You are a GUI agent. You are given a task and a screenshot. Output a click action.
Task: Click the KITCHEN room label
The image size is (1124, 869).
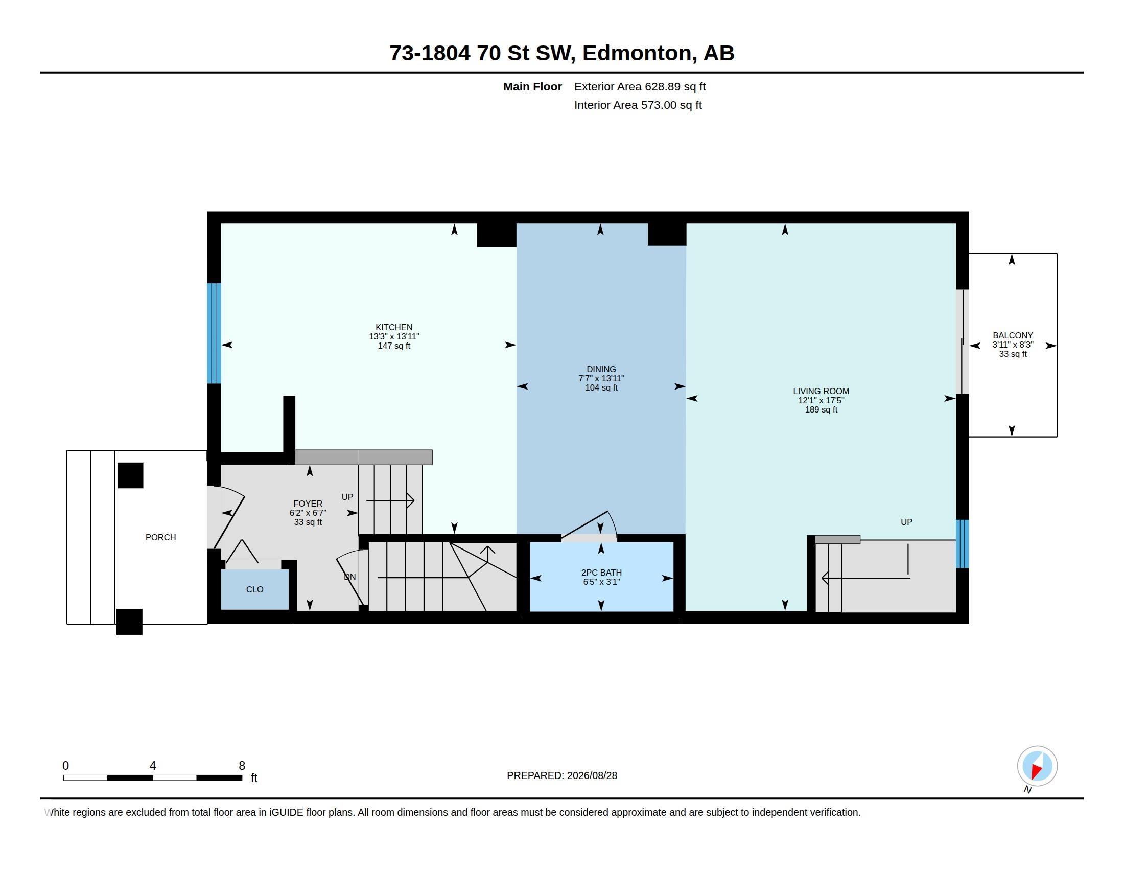tap(394, 327)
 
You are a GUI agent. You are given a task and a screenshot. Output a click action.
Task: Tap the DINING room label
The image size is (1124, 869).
tap(601, 369)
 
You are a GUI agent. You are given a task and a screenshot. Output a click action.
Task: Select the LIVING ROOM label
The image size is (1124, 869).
tap(821, 391)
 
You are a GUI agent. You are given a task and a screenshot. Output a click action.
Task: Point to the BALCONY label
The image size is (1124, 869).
tap(1013, 335)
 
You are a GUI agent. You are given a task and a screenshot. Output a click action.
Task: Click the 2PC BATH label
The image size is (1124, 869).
tap(601, 573)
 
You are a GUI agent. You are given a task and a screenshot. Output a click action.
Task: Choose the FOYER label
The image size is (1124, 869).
tap(308, 504)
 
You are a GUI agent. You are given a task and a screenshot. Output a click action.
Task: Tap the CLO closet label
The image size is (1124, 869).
tap(255, 589)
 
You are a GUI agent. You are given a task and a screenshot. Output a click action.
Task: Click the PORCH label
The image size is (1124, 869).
tap(160, 537)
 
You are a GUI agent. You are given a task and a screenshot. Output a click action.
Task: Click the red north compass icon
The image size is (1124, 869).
tap(1037, 766)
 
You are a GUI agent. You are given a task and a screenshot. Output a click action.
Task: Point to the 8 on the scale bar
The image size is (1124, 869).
tap(242, 766)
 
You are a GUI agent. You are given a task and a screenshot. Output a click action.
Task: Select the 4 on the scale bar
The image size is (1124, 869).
tap(153, 766)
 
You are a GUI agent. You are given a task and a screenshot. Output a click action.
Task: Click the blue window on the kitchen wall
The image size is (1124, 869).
tap(214, 333)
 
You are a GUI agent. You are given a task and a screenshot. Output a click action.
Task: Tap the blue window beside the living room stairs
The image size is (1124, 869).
tap(963, 544)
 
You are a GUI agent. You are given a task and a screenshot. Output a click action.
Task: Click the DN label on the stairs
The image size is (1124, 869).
tap(349, 577)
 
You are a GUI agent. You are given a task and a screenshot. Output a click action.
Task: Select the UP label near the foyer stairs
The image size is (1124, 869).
tap(347, 497)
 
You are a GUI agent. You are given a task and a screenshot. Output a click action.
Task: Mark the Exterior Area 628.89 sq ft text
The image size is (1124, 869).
tap(640, 86)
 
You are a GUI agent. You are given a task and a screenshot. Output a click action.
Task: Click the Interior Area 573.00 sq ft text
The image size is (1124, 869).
tap(638, 105)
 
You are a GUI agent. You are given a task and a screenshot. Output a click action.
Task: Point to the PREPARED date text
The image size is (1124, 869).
tap(562, 775)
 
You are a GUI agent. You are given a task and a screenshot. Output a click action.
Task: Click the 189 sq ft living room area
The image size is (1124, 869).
tap(821, 410)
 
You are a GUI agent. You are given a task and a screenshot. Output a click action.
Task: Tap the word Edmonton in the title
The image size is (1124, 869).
tap(637, 53)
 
